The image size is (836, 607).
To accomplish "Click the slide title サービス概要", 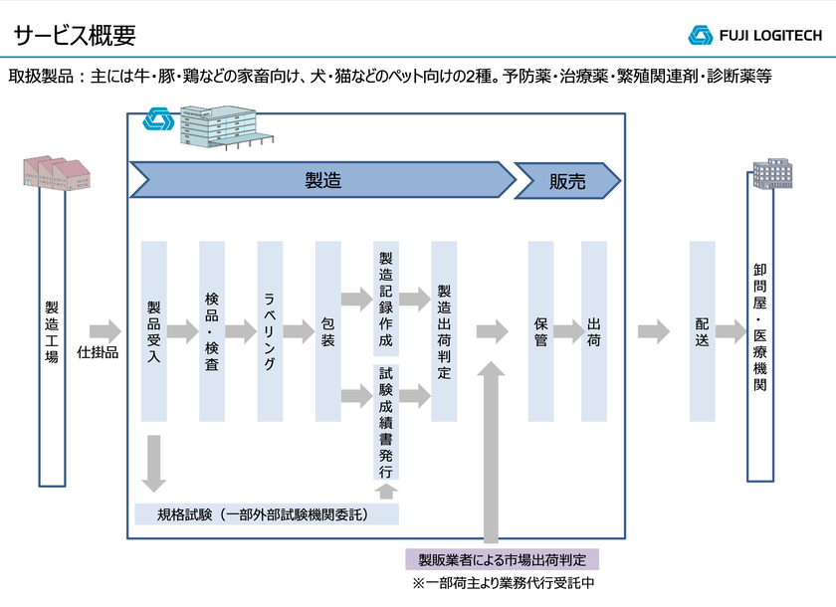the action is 75,35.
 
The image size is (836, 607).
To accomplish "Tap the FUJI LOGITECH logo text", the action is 770,35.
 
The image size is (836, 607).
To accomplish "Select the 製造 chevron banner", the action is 322,180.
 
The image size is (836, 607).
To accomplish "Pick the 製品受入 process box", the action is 153,331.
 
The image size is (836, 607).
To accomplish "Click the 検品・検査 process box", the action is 212,331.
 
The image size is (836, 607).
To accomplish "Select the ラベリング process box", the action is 270,331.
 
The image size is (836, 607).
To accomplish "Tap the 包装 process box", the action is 327,331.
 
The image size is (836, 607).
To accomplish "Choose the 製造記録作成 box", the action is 386,299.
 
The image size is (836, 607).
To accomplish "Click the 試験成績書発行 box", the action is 386,422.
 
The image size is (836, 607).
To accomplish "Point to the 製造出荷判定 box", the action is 444,331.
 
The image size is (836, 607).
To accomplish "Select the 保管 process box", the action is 540,331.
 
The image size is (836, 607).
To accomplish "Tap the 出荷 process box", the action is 594,331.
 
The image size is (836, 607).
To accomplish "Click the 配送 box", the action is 703,331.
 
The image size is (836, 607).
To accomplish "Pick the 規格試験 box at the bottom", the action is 267,514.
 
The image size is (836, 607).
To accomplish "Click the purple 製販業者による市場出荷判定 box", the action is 503,559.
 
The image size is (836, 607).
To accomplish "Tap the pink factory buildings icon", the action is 57,172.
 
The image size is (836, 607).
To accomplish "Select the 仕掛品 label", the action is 98,352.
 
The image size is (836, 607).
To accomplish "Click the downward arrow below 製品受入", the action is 153,463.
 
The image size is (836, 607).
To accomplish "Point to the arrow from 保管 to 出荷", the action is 568,331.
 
